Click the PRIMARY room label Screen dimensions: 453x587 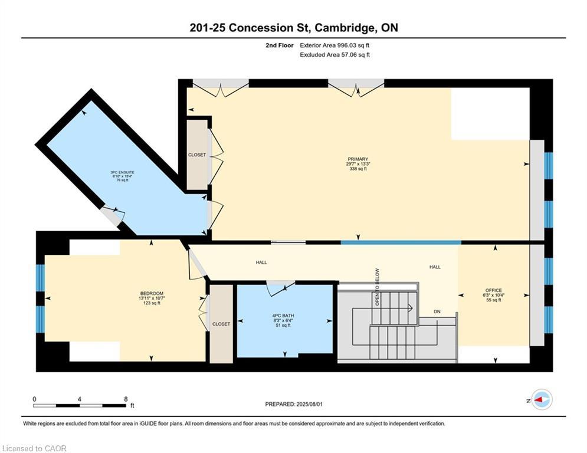coord(358,159)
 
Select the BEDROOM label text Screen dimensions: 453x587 coord(152,294)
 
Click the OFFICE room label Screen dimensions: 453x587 coord(493,290)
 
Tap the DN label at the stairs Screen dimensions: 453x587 coord(437,311)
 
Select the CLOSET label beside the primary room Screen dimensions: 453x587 coord(197,155)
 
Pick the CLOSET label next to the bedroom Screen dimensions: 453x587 coord(221,324)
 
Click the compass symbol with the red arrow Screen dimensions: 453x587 coord(541,400)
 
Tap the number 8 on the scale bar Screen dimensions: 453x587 coord(126,399)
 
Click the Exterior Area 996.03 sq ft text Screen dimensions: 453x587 coord(335,45)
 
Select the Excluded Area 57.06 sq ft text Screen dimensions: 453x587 coord(335,55)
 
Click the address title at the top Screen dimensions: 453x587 coord(293,28)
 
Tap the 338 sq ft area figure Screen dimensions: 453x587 coord(358,169)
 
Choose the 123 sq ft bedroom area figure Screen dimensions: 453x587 coord(152,303)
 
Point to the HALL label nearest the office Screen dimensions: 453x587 coord(435,267)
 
